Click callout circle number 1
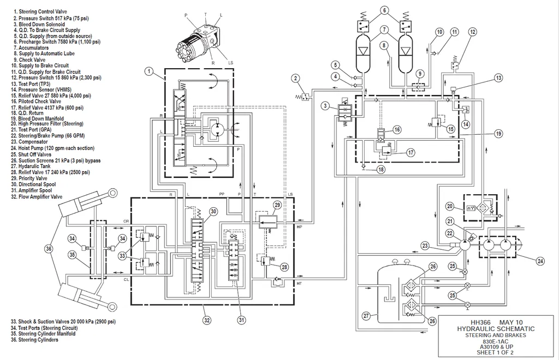pos(149,71)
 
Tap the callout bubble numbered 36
pos(49,249)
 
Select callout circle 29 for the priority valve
pos(277,205)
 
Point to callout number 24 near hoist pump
pos(540,261)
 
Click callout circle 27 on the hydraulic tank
pos(366,316)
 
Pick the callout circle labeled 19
pos(498,134)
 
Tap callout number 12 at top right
pos(472,32)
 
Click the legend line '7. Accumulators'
pos(31,47)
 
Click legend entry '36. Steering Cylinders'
pos(34,340)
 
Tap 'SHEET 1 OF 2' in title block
pos(495,352)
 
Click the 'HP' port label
pos(299,226)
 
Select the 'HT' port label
pos(299,284)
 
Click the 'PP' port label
pos(222,194)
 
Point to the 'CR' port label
pos(126,221)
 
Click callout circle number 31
pos(242,320)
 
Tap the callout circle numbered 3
pos(325,106)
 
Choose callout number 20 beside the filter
pos(450,206)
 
